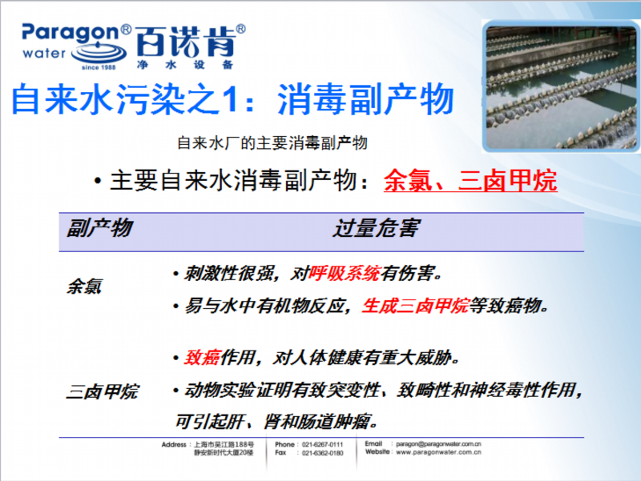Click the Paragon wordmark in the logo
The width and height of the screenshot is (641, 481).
(71, 34)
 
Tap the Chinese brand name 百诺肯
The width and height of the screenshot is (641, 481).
(186, 42)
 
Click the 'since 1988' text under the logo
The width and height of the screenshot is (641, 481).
(99, 67)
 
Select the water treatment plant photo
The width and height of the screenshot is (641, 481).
(561, 86)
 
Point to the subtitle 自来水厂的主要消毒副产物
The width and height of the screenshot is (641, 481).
(272, 143)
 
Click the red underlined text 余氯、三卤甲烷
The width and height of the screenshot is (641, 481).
(470, 180)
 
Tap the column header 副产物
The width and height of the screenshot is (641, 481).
(99, 228)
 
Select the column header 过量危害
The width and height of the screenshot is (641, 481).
(377, 228)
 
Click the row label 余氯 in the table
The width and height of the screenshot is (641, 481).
(84, 287)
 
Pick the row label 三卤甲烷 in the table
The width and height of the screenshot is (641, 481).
(103, 392)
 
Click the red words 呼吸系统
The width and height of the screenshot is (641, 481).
(345, 274)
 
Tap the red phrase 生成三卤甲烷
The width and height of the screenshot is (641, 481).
(415, 306)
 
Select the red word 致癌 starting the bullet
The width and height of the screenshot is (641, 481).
(203, 358)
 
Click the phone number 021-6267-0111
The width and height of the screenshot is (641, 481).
(323, 444)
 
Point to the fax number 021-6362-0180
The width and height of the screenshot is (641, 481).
(323, 453)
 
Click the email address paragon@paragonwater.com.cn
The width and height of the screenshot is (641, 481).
(438, 444)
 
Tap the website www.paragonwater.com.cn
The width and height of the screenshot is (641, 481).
(438, 452)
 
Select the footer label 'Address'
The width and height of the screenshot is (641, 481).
(174, 444)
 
